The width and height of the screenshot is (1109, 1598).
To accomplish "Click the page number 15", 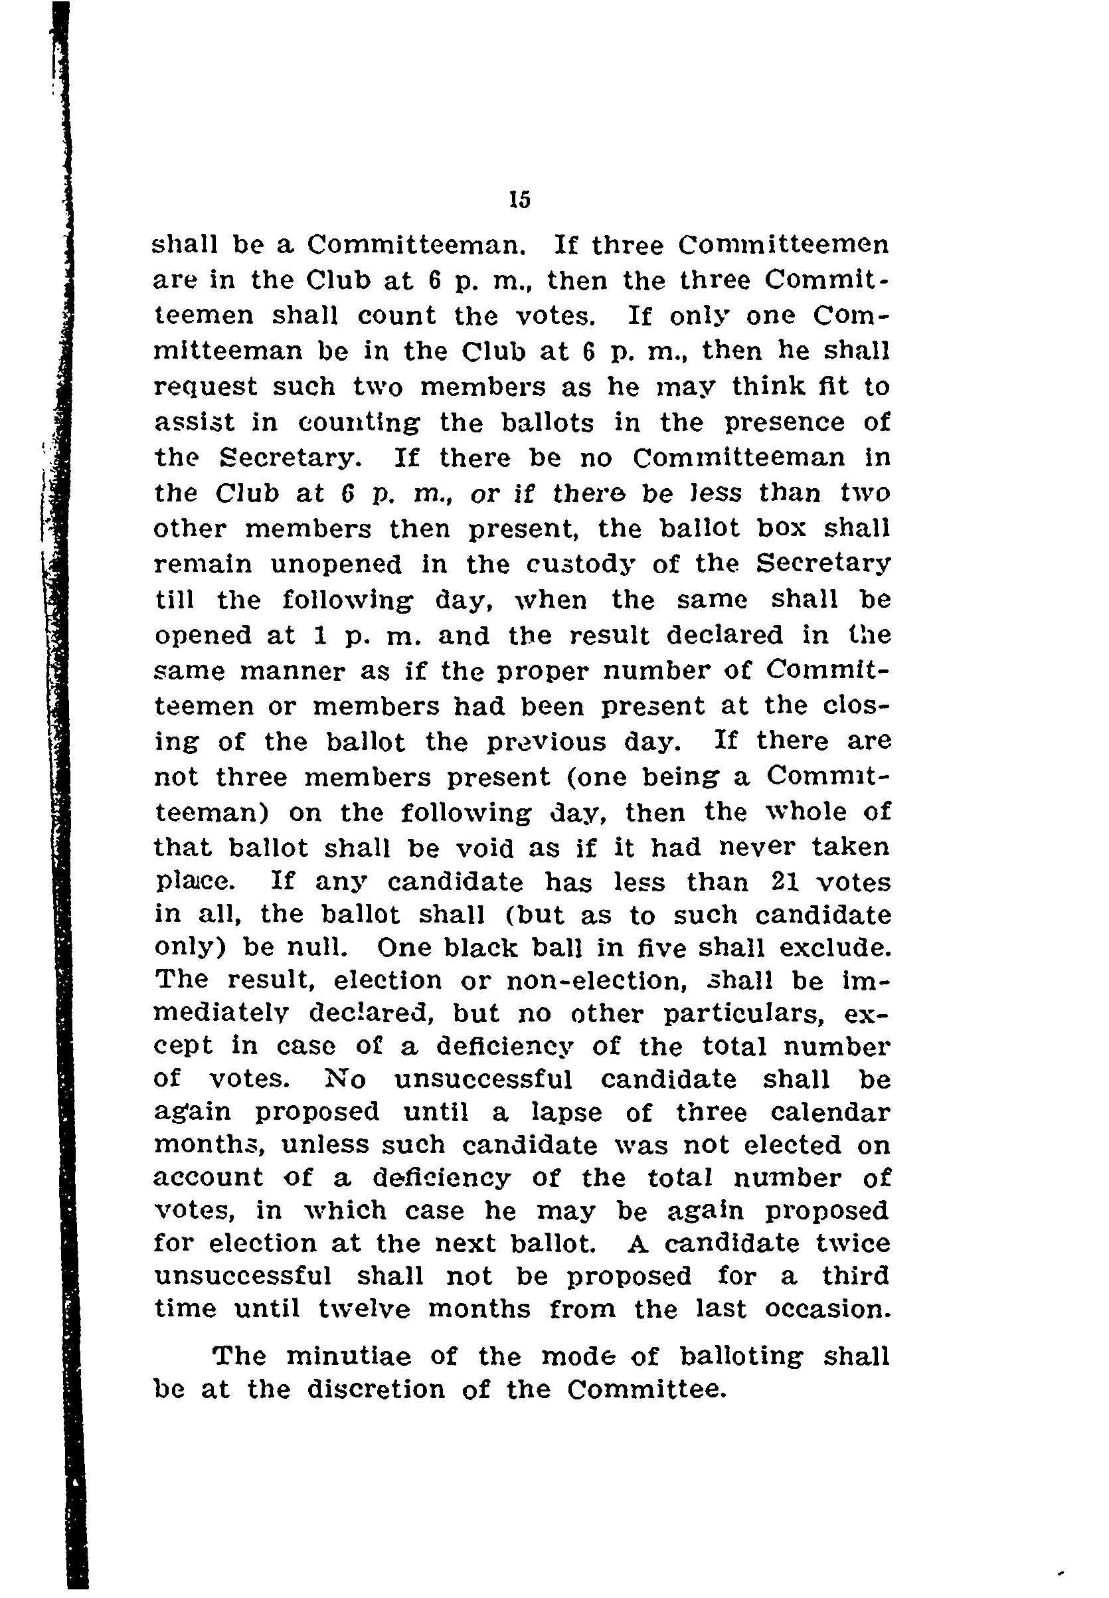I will [x=520, y=200].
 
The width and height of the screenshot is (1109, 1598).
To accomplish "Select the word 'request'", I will [x=205, y=388].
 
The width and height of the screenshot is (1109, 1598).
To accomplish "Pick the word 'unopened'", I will [x=335, y=564].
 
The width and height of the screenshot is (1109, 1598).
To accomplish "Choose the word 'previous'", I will [x=547, y=742].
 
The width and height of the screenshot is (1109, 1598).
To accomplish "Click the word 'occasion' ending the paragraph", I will [x=827, y=1309].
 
